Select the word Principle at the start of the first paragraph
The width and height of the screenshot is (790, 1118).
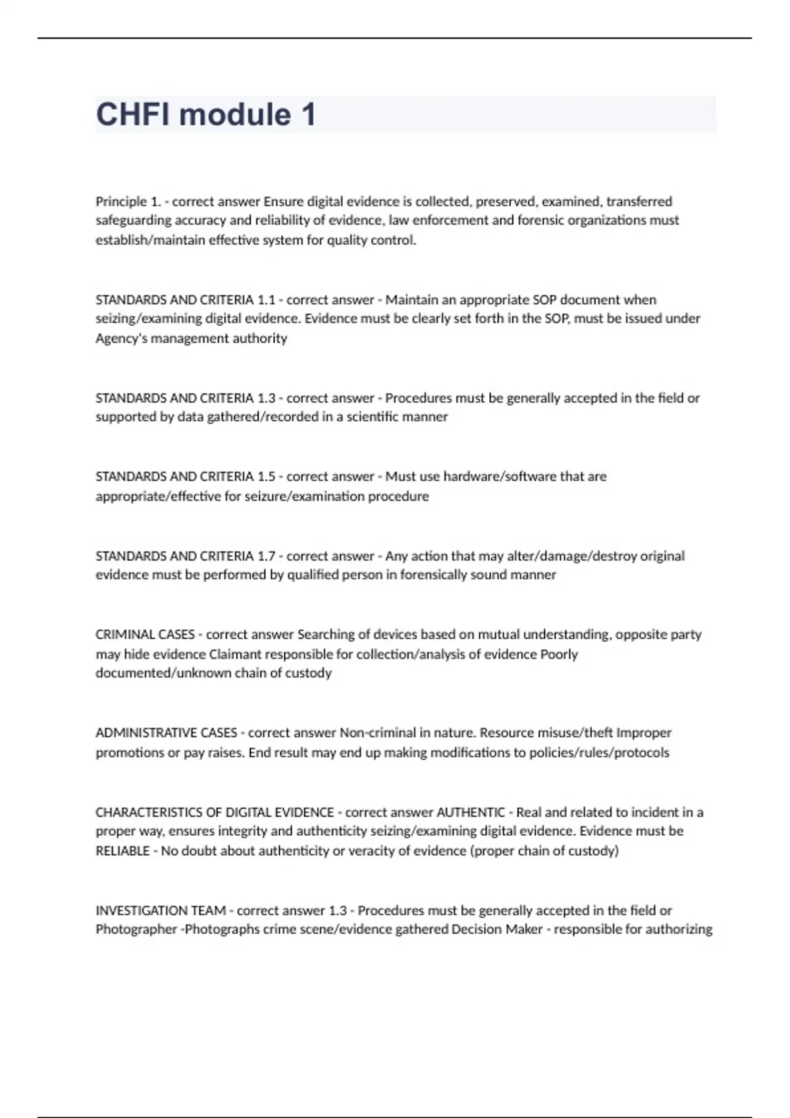tap(121, 201)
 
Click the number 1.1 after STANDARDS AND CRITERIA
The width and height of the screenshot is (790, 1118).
tap(266, 300)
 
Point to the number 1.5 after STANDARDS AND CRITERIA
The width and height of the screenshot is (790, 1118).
tap(266, 476)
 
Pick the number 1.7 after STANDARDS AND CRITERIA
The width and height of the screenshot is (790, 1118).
tap(266, 556)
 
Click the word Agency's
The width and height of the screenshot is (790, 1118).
tap(120, 338)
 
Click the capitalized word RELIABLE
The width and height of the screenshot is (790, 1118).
tap(122, 851)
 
